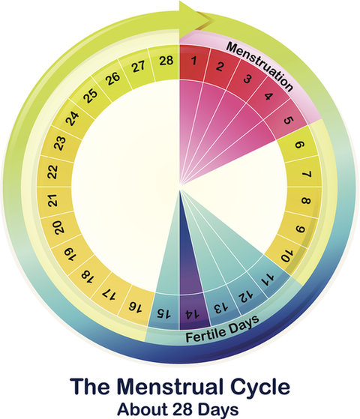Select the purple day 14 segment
pyautogui.click(x=194, y=312)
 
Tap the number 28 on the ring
pyautogui.click(x=166, y=61)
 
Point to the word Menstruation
pyautogui.click(x=259, y=67)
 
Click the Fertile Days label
pyautogui.click(x=222, y=329)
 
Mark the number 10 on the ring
pyautogui.click(x=287, y=255)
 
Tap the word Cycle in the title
pyautogui.click(x=260, y=388)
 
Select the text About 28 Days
pyautogui.click(x=178, y=409)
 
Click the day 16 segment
pyautogui.click(x=136, y=305)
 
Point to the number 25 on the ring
pyautogui.click(x=91, y=96)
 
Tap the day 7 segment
pyautogui.click(x=304, y=174)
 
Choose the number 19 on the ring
pyautogui.click(x=70, y=254)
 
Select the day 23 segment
pyautogui.click(x=58, y=143)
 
